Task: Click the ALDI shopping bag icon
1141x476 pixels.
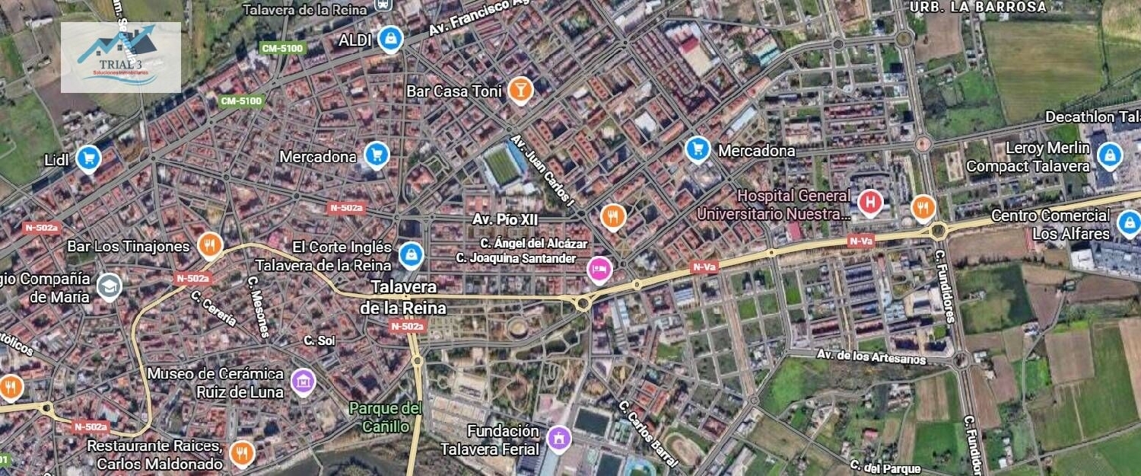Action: (x=390, y=38)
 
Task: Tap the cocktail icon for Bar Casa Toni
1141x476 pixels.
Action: (x=520, y=89)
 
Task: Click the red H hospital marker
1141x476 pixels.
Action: (x=870, y=203)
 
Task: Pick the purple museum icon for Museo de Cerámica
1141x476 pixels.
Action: (x=303, y=381)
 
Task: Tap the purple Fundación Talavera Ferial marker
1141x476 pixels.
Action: (x=559, y=439)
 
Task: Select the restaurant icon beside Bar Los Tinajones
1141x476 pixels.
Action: (x=209, y=245)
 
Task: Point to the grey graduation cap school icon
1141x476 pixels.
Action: (x=110, y=286)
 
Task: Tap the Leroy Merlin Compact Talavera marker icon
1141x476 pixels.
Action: (x=1109, y=156)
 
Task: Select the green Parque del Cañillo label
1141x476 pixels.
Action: (x=386, y=417)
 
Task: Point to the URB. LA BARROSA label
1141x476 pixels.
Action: (x=978, y=7)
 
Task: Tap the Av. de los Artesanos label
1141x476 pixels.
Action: (x=871, y=356)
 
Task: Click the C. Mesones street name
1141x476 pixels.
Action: (x=259, y=305)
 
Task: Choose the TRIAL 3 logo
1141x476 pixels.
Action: (x=121, y=57)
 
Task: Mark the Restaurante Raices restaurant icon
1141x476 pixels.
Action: (x=241, y=453)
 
